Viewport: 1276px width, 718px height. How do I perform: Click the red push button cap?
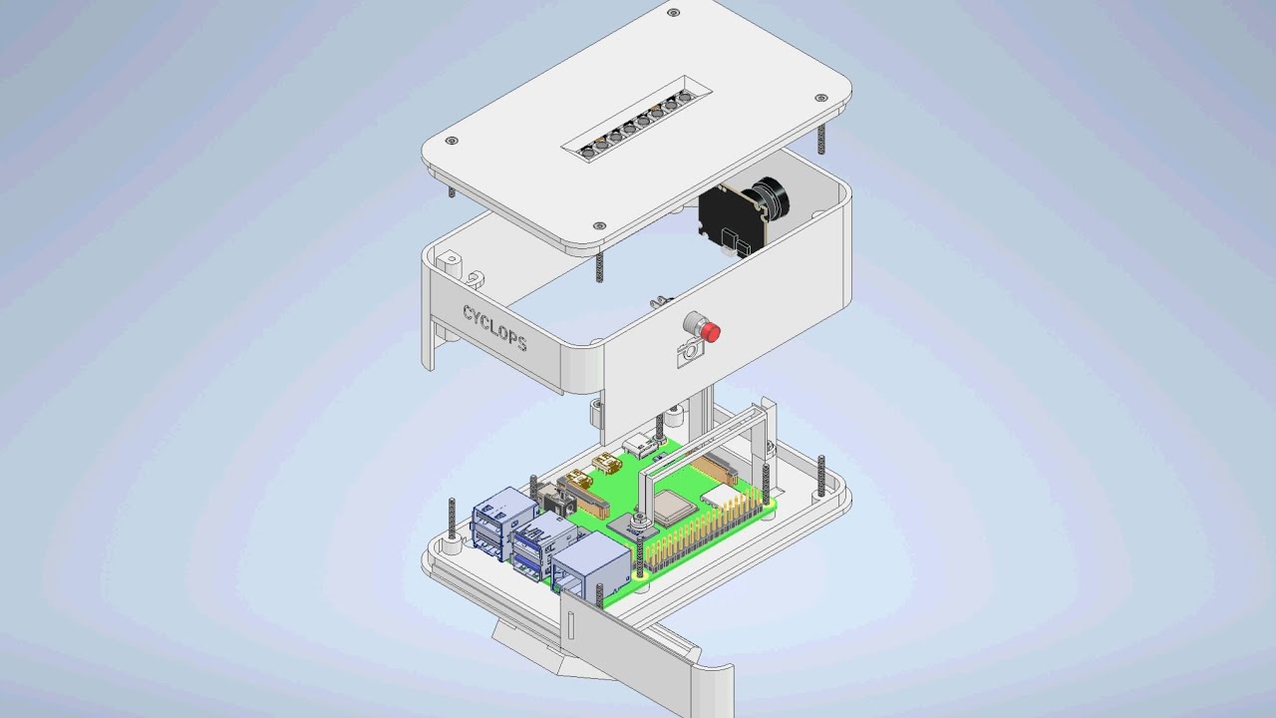click(711, 331)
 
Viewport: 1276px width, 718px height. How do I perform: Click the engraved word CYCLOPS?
click(494, 329)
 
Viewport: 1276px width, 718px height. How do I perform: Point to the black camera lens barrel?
click(771, 198)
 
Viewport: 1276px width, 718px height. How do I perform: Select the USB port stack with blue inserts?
click(544, 545)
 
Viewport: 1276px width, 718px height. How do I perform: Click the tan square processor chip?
click(674, 509)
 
